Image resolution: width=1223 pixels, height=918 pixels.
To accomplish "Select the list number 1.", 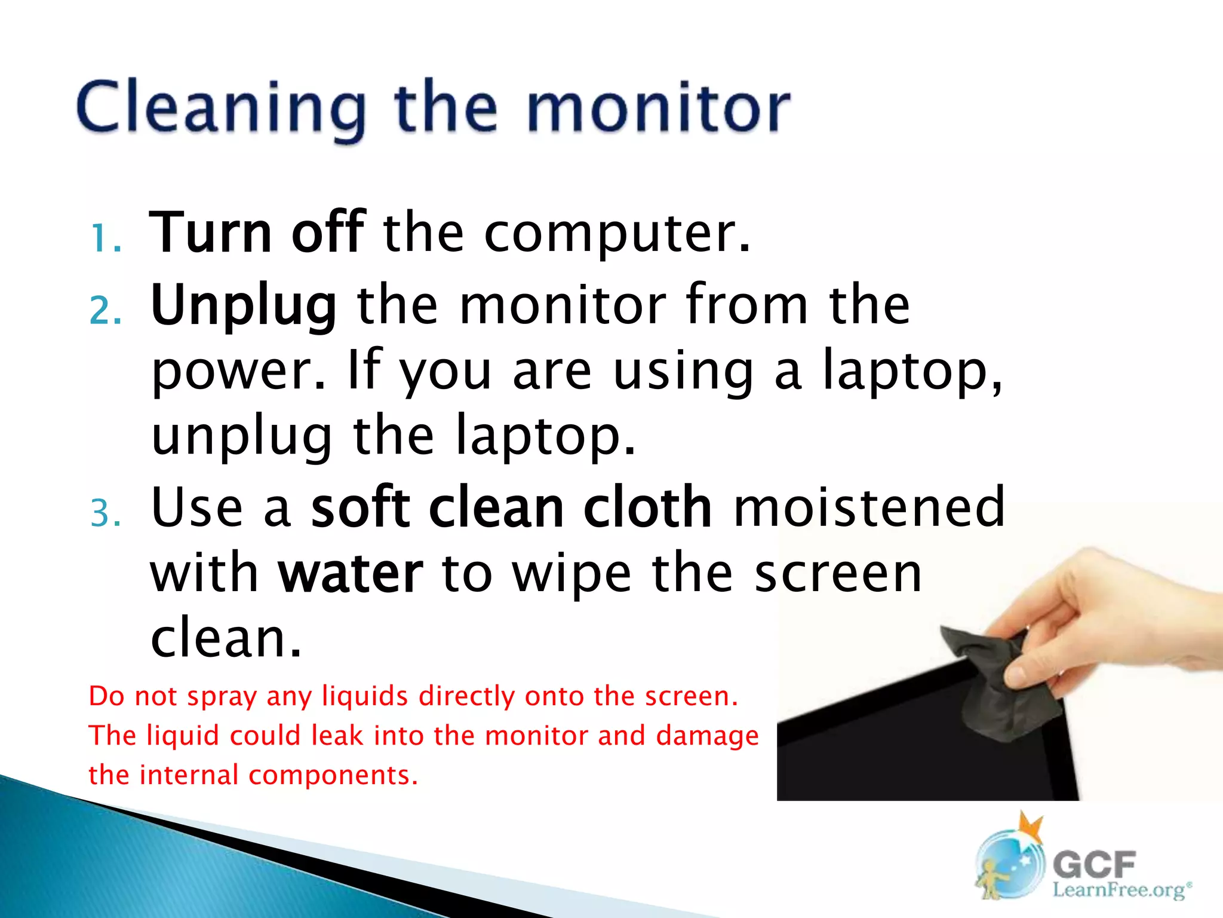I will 106,239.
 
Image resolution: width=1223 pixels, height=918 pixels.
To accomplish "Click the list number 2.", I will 106,311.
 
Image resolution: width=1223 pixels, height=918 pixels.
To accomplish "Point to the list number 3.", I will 106,513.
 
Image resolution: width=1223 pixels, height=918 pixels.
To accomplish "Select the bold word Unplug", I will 244,306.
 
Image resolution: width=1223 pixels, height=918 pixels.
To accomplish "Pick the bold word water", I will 351,574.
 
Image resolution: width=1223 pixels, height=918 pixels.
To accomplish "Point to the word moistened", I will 869,508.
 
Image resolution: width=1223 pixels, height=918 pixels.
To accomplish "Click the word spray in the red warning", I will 222,697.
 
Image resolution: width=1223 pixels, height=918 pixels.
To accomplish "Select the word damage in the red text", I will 707,736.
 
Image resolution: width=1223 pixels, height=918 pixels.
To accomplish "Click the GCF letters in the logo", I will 1094,864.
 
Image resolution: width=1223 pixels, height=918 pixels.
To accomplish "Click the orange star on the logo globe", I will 1032,828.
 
